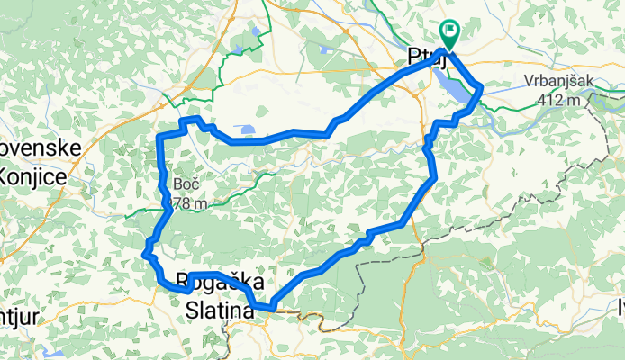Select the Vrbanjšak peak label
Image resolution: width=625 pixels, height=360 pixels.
click(558, 81)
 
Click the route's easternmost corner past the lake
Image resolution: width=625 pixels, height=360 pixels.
click(482, 86)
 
